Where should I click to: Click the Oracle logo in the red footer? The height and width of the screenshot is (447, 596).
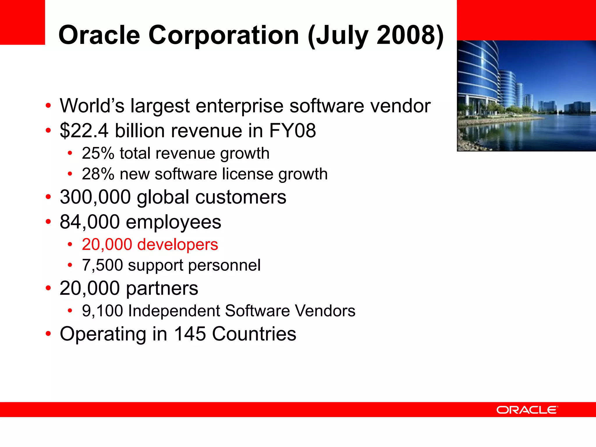527,410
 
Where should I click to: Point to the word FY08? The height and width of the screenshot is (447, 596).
292,131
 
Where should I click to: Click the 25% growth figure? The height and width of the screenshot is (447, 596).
98,153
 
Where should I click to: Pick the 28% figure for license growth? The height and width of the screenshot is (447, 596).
98,174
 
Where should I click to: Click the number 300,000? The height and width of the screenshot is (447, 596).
95,197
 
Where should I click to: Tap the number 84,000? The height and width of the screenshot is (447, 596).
89,222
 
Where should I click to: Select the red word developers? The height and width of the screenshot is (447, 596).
178,244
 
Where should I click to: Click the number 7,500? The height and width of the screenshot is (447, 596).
102,265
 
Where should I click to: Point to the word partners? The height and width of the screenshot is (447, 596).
162,288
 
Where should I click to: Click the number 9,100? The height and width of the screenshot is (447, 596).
102,311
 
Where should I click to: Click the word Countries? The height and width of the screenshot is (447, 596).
254,334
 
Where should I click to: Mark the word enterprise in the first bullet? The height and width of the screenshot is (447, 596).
239,106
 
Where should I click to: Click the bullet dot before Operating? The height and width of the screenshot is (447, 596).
48,334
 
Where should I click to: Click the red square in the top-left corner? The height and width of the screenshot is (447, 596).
22,22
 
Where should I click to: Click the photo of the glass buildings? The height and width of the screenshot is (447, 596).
526,96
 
